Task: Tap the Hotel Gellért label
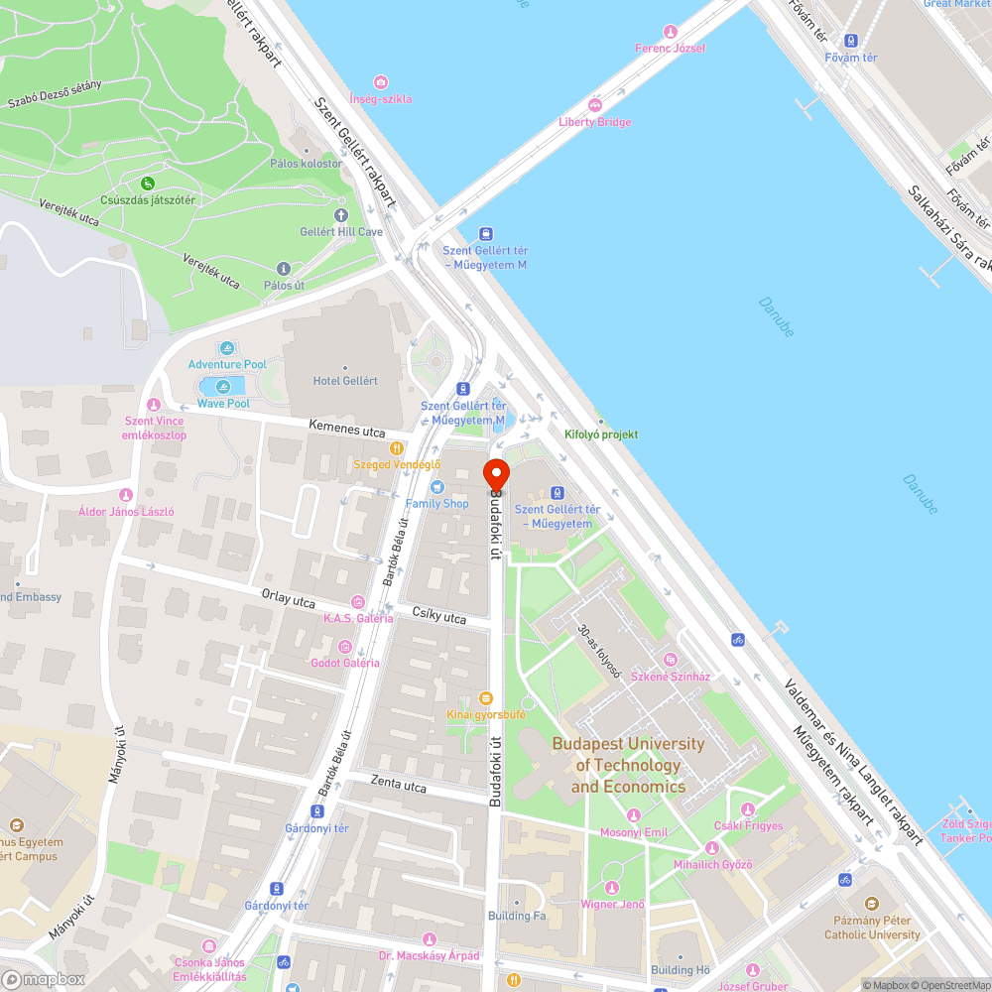[x=345, y=381]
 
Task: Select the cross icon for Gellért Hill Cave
[x=341, y=214]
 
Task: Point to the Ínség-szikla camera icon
[x=381, y=82]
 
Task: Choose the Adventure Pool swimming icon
[x=228, y=348]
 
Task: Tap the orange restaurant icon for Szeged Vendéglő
[x=397, y=447]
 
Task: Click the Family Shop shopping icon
[x=437, y=487]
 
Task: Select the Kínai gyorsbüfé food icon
[x=485, y=697]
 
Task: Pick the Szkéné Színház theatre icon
[x=671, y=660]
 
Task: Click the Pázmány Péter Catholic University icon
[x=872, y=904]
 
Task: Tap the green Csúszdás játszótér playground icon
[x=148, y=183]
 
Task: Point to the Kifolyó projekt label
[x=601, y=434]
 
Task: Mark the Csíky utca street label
[x=438, y=617]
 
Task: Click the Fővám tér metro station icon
[x=850, y=41]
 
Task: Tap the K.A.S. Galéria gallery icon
[x=357, y=601]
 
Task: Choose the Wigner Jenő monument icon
[x=612, y=887]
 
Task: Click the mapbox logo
[x=44, y=979]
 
